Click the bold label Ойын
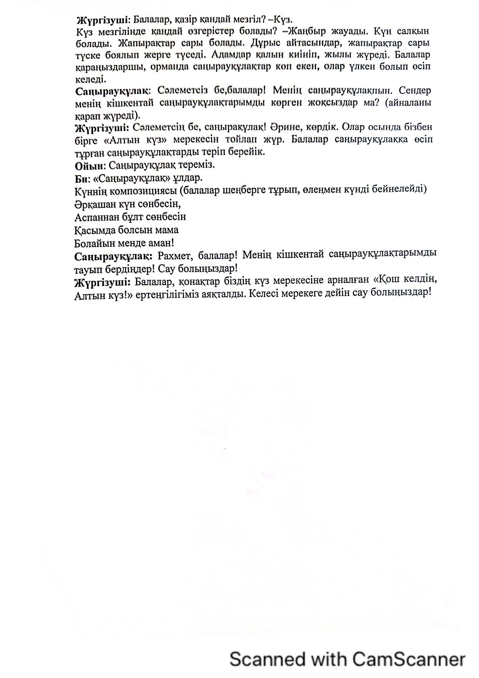click(89, 166)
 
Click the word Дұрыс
click(265, 43)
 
